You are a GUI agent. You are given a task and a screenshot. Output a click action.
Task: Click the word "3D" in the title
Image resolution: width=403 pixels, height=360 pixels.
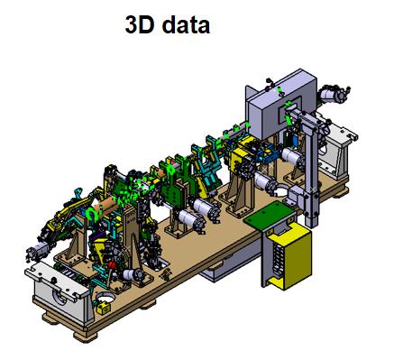tap(140, 24)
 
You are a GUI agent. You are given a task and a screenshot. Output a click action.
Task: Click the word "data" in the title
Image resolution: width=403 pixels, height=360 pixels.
tap(186, 24)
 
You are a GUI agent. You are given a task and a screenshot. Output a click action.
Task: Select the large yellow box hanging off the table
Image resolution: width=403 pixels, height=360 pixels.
tap(289, 256)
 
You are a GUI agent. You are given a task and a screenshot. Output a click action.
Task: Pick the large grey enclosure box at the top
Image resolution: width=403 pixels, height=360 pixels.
tap(282, 104)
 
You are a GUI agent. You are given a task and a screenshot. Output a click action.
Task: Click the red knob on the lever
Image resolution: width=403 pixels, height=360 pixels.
tap(112, 265)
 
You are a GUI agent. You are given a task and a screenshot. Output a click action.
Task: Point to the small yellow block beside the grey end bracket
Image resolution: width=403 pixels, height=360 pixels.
tap(103, 309)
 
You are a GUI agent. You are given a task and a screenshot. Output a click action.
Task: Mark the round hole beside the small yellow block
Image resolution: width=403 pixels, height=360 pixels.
tap(105, 298)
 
